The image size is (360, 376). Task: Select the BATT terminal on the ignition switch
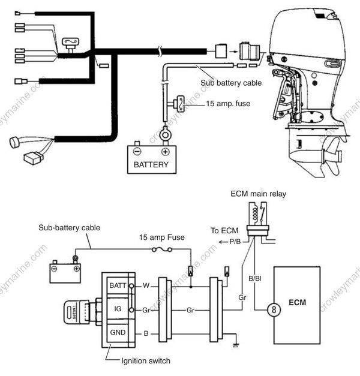116,286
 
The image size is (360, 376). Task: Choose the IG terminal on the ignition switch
116,309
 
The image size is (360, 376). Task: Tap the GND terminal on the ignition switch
116,332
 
